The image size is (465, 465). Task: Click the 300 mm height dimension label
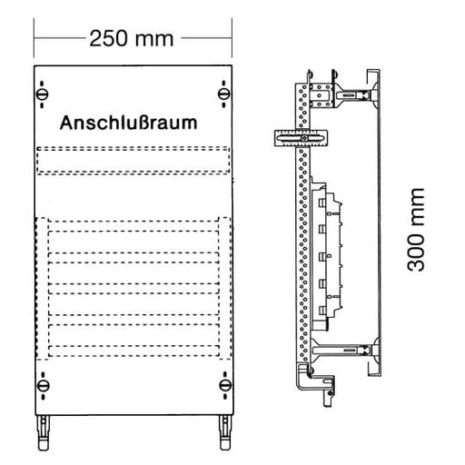coord(417,229)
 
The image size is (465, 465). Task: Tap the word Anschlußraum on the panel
coord(129,123)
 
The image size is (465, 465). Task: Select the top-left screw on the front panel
coord(42,94)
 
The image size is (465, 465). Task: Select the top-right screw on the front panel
coord(223,94)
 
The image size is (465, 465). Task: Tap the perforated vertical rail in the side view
coord(302,254)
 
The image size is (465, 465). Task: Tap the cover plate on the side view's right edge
coord(374,223)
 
